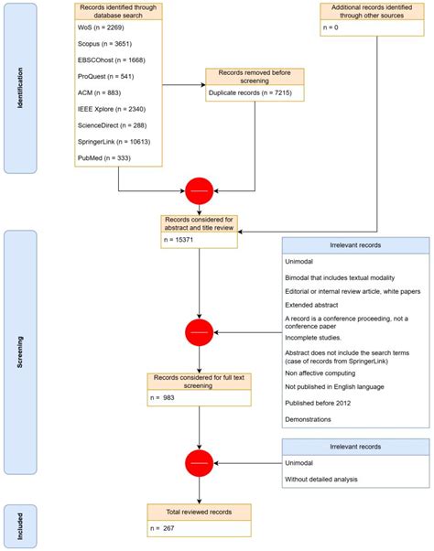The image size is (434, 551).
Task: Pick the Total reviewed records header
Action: tap(199, 509)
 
